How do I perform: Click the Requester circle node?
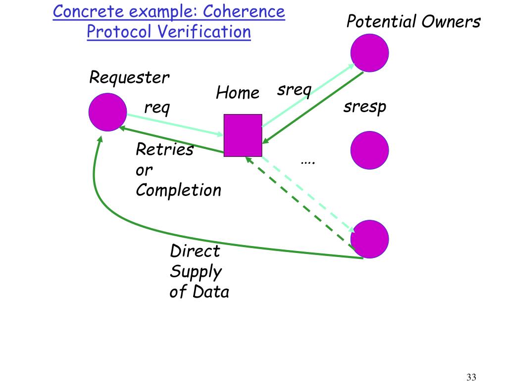[x=107, y=112]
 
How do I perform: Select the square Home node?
[x=243, y=135]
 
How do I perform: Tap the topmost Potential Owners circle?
[x=369, y=53]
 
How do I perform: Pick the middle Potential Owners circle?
[x=369, y=150]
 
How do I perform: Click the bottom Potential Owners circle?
[x=369, y=239]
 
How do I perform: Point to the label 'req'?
[x=157, y=108]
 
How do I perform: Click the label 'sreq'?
[x=294, y=90]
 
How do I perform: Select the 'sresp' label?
[x=365, y=107]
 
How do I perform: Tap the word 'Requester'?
[x=129, y=78]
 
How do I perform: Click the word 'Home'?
[x=238, y=93]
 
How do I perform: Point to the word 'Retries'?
[x=164, y=149]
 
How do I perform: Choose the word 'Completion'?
[x=178, y=190]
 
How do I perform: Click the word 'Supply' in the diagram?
[x=196, y=272]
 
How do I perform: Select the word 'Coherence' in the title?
[x=244, y=12]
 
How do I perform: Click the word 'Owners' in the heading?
[x=451, y=22]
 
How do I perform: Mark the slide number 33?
[x=471, y=377]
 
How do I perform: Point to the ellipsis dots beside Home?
[x=308, y=162]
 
